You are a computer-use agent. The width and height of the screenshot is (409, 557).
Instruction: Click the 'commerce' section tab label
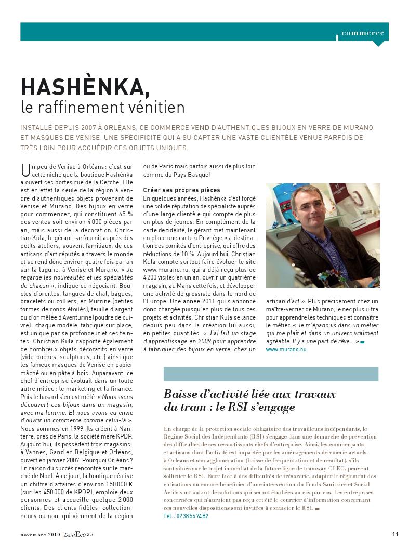pos(363,33)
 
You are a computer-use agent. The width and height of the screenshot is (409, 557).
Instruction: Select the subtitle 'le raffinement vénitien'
pos(103,108)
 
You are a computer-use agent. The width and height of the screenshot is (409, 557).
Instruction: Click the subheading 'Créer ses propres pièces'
pos(181,190)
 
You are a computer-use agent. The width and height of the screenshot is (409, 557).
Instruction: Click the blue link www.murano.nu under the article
pos(286,350)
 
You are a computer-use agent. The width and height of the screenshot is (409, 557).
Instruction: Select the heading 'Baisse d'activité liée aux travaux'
pos(249,394)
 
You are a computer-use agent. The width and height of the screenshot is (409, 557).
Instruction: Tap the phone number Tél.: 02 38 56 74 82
pos(186,516)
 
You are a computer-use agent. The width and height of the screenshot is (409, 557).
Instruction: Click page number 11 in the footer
pos(395,534)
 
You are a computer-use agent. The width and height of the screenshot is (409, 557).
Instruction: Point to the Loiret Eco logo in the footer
pos(74,534)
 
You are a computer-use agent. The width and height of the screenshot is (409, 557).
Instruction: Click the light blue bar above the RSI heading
pos(271,374)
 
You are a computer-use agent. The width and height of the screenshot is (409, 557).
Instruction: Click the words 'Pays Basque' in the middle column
pos(184,174)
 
